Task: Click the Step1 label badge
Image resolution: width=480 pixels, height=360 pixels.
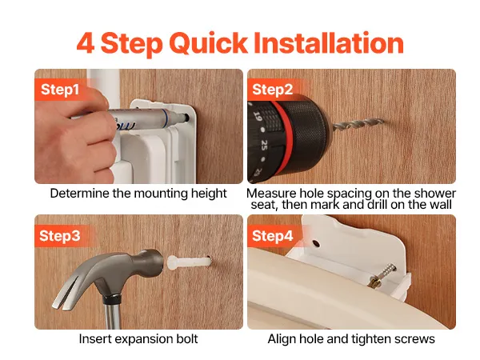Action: click(x=60, y=90)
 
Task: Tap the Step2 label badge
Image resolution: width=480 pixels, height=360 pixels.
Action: click(x=273, y=90)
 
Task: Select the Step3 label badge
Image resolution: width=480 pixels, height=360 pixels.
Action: click(x=60, y=236)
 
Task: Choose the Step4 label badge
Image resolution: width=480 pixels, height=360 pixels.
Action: click(x=273, y=236)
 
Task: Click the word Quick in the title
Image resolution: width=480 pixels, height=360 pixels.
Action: click(x=208, y=43)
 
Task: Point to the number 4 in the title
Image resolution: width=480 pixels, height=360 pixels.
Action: click(x=85, y=43)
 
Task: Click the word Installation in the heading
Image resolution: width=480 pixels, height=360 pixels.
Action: click(x=329, y=43)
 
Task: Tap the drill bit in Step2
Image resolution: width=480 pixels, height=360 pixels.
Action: click(x=358, y=125)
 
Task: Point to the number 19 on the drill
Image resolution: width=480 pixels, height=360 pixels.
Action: click(x=258, y=117)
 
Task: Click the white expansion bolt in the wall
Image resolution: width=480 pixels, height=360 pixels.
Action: click(x=189, y=262)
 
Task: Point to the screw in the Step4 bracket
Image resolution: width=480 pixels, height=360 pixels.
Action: click(x=382, y=276)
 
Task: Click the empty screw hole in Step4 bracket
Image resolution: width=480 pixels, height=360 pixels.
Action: click(x=316, y=244)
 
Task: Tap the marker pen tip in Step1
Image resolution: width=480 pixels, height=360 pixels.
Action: click(x=184, y=118)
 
